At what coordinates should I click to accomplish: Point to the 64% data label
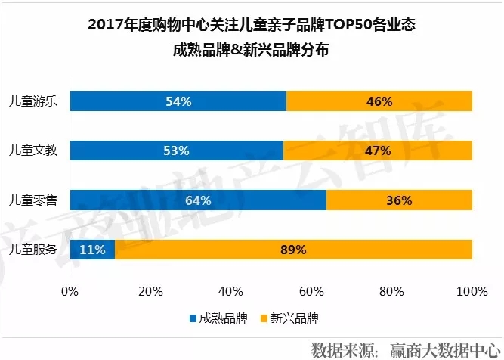[x=198, y=200]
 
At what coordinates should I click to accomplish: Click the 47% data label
[x=376, y=151]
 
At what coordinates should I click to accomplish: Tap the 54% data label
[x=178, y=101]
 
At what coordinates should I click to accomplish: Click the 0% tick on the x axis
[x=70, y=291]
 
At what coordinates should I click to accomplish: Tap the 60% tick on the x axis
[x=311, y=291]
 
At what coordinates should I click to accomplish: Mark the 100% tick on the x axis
[x=472, y=291]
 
